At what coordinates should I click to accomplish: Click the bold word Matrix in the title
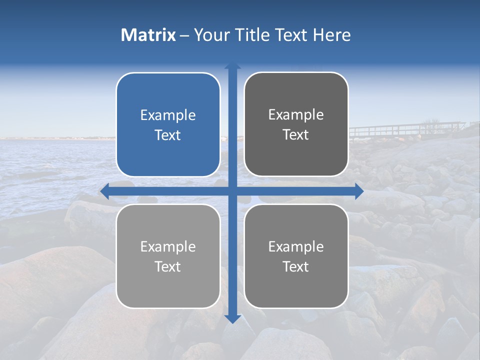pyautogui.click(x=148, y=35)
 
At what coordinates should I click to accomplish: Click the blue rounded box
pyautogui.click(x=168, y=155)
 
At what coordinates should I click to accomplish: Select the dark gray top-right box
pyautogui.click(x=296, y=155)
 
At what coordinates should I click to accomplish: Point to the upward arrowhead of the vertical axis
pyautogui.click(x=232, y=65)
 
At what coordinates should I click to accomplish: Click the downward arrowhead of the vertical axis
pyautogui.click(x=232, y=318)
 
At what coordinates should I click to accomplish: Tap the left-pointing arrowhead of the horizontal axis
pyautogui.click(x=104, y=191)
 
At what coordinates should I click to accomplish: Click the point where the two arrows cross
pyautogui.click(x=232, y=191)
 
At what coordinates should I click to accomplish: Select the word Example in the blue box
pyautogui.click(x=168, y=115)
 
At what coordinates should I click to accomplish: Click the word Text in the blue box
pyautogui.click(x=168, y=135)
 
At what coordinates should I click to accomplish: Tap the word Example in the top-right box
pyautogui.click(x=296, y=115)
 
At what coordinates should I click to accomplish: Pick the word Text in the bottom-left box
pyautogui.click(x=168, y=267)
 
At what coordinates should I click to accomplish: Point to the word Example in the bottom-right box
pyautogui.click(x=296, y=247)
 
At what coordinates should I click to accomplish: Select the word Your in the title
pyautogui.click(x=207, y=35)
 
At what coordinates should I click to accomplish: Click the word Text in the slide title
pyautogui.click(x=294, y=35)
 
